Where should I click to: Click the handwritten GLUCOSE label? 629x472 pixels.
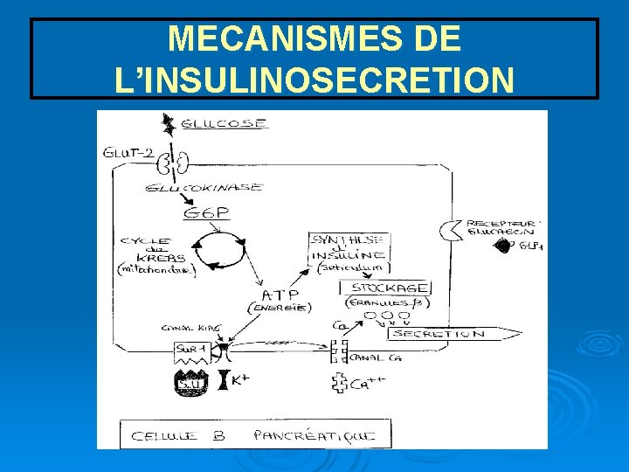tap(225, 125)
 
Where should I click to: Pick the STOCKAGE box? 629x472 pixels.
tap(390, 288)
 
